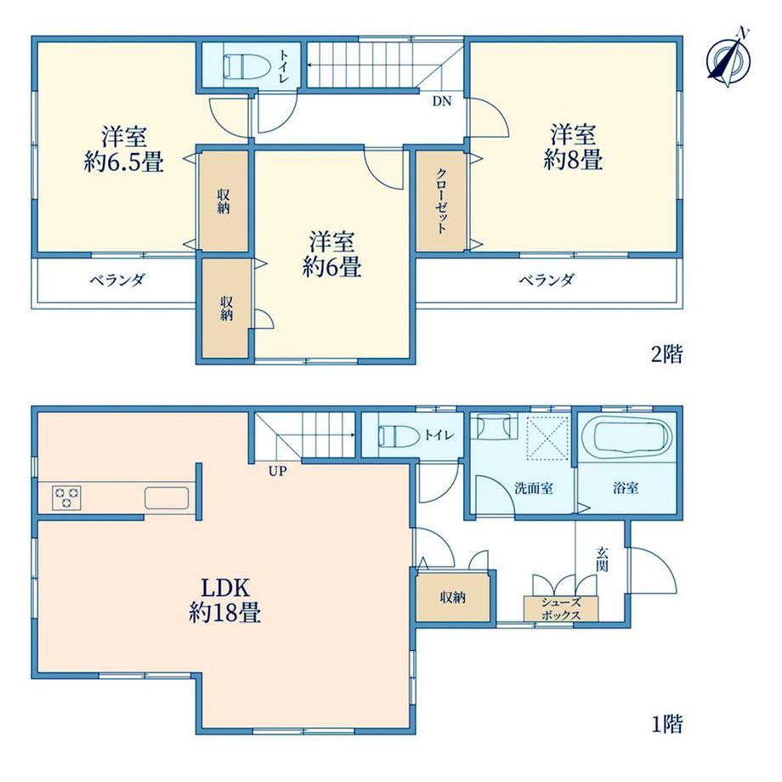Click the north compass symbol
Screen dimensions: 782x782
pyautogui.click(x=729, y=59)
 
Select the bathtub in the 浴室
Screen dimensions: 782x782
pyautogui.click(x=626, y=438)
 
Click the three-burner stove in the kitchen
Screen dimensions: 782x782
pyautogui.click(x=67, y=498)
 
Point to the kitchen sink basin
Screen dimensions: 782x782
pyautogui.click(x=167, y=498)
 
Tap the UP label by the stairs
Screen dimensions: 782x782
pyautogui.click(x=277, y=471)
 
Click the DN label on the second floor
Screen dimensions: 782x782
pyautogui.click(x=441, y=101)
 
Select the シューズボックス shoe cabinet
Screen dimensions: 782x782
pyautogui.click(x=560, y=609)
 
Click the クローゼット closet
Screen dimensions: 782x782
pyautogui.click(x=441, y=201)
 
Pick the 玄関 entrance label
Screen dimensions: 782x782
pyautogui.click(x=602, y=559)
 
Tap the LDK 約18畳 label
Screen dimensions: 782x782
pyautogui.click(x=225, y=600)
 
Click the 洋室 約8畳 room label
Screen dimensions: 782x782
pyautogui.click(x=573, y=148)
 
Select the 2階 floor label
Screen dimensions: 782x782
pyautogui.click(x=666, y=354)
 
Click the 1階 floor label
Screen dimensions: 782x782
pyautogui.click(x=666, y=723)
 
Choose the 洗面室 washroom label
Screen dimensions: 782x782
pyautogui.click(x=533, y=488)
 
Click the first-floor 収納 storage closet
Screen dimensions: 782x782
pyautogui.click(x=453, y=597)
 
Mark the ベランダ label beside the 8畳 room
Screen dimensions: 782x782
pyautogui.click(x=547, y=280)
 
